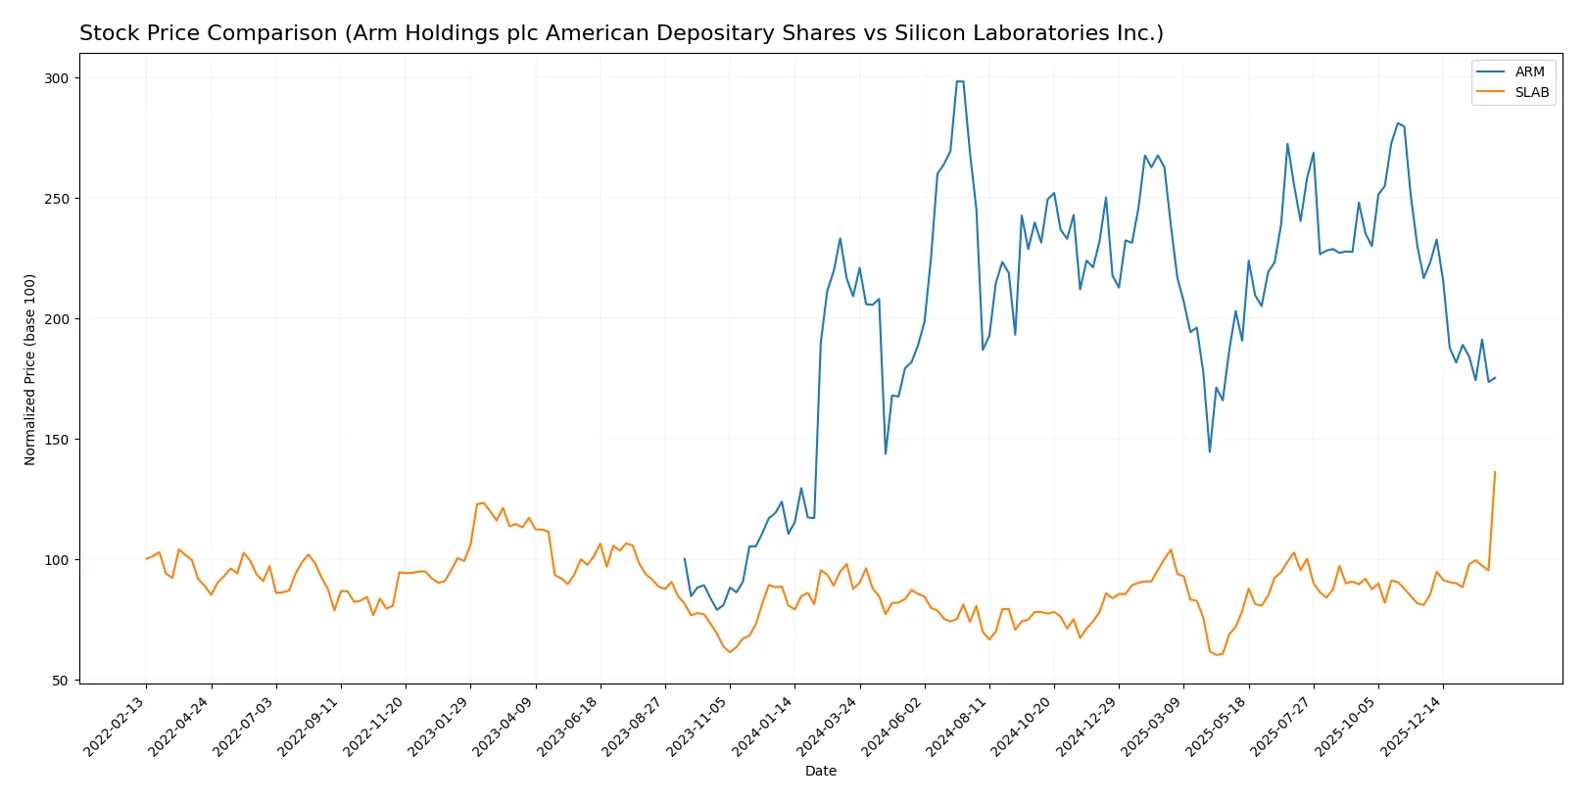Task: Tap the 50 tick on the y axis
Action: (60, 681)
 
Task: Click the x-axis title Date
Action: (820, 771)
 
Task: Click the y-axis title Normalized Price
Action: (30, 369)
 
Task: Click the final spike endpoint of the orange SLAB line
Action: (1495, 472)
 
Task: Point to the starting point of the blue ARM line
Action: (685, 559)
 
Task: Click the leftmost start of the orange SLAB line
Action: (146, 559)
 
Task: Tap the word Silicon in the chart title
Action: (926, 33)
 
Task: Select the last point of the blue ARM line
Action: (1495, 378)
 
